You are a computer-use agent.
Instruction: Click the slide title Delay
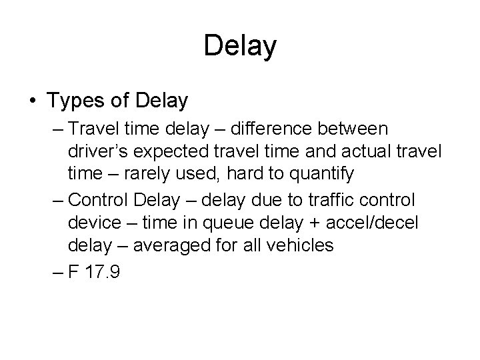point(240,46)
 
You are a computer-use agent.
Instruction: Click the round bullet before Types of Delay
point(33,102)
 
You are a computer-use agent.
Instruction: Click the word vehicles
point(300,245)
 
